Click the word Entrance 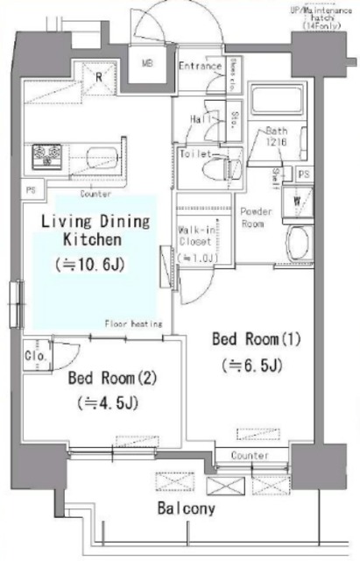coord(200,66)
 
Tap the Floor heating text coord(134,323)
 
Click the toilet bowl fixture coord(229,163)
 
